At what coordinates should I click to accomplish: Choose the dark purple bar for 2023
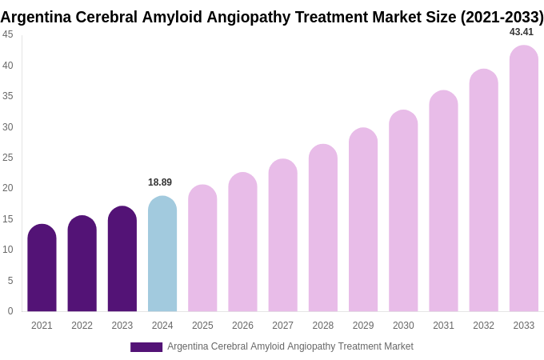point(122,259)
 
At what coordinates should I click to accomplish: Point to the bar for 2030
point(403,211)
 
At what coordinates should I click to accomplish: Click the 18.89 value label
point(160,182)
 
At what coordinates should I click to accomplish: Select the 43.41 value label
point(522,32)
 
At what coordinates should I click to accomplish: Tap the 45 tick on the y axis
point(8,34)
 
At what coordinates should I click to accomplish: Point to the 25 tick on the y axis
point(8,158)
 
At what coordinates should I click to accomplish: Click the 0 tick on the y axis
point(10,311)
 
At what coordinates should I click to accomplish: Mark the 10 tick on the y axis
point(8,250)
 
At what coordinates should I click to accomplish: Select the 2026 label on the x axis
point(242,326)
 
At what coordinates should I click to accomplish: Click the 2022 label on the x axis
point(82,326)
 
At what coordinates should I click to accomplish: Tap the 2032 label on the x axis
point(483,326)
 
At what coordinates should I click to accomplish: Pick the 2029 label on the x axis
point(363,326)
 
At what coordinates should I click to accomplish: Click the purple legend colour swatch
point(146,347)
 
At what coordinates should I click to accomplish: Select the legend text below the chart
point(290,346)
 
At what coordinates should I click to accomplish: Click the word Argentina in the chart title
point(35,17)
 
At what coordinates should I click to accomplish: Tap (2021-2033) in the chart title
point(502,17)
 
